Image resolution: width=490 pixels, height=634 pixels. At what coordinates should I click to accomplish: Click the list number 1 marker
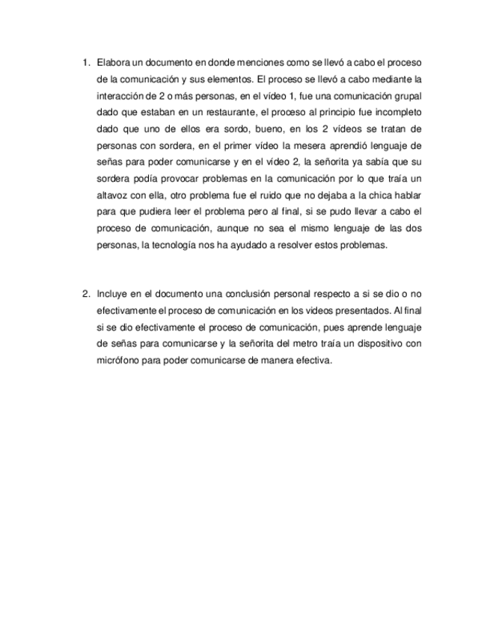[85, 62]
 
